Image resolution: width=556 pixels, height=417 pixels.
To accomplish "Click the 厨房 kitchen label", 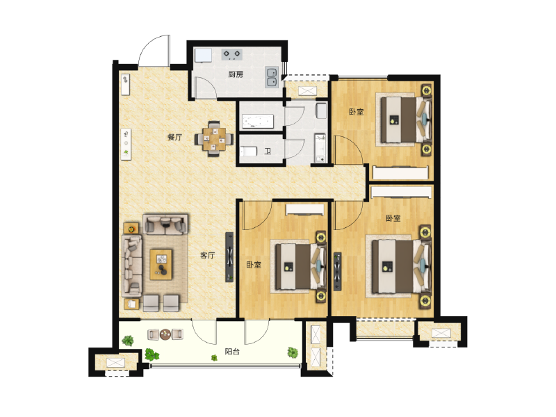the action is point(236,74).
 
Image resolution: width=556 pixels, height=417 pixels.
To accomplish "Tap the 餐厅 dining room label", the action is point(175,137).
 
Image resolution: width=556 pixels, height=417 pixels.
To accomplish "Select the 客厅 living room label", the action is point(208,255).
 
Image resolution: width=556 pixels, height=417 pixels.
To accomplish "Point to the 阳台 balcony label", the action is point(232,352).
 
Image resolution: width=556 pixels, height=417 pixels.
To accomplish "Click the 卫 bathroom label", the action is point(268,152).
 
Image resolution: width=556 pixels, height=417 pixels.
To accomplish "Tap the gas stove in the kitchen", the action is point(232,54).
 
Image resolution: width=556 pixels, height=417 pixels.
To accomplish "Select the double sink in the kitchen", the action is point(272,77).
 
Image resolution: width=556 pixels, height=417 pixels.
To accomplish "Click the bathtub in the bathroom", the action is point(258,121).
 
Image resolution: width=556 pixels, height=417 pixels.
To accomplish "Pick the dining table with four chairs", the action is point(214,138).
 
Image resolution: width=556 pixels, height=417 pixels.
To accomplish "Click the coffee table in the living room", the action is point(161,265).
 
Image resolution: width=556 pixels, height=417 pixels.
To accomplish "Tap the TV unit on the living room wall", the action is point(230,257).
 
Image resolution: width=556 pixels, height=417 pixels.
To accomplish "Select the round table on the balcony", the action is point(165,334).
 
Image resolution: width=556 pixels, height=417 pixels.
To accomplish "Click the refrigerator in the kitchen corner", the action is point(203,56).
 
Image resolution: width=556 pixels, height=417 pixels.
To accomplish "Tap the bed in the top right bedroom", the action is point(407,120).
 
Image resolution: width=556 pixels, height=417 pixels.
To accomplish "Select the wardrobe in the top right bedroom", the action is point(400,172).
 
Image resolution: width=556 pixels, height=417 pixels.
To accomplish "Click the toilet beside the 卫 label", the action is point(248,152).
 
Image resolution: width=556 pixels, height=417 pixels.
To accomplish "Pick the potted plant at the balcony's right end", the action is point(293,352).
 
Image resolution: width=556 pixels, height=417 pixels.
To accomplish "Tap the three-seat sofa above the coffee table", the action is point(165,224).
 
